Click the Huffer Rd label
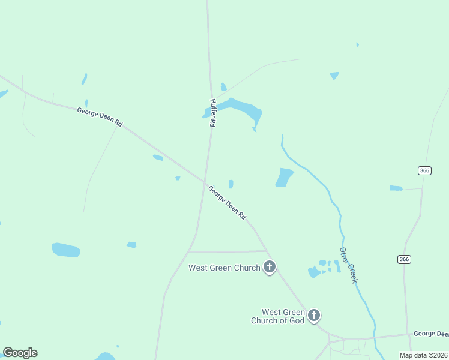[212, 113]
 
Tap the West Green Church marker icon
[270, 267]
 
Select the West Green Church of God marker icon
[313, 315]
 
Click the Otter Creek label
[348, 265]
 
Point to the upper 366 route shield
[424, 171]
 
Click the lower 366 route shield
[404, 259]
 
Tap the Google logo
[20, 353]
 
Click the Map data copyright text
[424, 355]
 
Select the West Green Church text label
[224, 268]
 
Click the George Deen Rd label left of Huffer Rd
[100, 116]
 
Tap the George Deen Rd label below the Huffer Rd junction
[227, 202]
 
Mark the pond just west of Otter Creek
[284, 177]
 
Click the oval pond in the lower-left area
[65, 250]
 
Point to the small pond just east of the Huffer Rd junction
[231, 184]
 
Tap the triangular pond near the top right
[334, 76]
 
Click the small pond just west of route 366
[396, 188]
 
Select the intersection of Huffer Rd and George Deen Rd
[205, 181]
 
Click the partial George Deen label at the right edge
[431, 334]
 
